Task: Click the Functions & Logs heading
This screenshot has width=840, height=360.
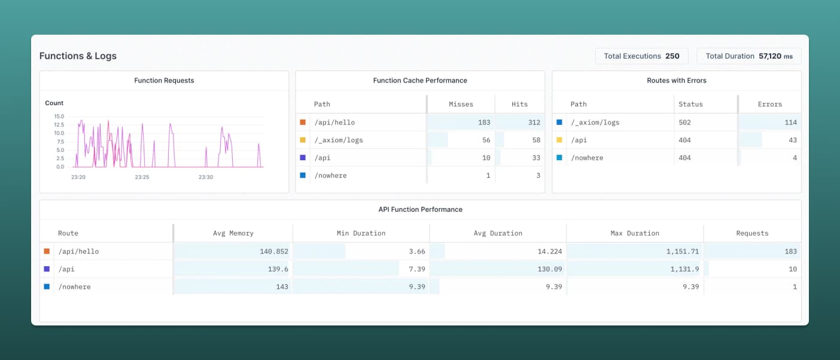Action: tap(78, 56)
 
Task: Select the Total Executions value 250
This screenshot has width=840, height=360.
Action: tap(672, 56)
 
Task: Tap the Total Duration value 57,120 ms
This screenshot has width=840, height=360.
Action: tap(775, 56)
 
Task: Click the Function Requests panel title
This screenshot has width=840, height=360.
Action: tap(164, 80)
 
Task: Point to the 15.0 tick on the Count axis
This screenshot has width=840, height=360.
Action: tap(59, 116)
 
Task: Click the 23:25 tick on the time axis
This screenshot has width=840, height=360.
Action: tap(142, 177)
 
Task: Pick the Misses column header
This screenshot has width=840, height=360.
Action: tap(461, 104)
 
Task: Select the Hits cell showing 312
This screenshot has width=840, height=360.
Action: tap(534, 122)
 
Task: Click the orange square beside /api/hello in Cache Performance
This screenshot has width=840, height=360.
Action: tap(303, 122)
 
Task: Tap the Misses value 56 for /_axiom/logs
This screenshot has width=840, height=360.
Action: tap(486, 140)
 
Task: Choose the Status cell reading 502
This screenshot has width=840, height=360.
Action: tap(684, 122)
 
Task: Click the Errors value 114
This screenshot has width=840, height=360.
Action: tap(790, 122)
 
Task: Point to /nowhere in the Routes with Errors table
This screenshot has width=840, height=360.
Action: tap(587, 158)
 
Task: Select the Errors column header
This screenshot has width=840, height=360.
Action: tap(769, 104)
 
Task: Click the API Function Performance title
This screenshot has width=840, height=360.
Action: tap(420, 209)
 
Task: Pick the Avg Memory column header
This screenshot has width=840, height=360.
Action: tap(233, 233)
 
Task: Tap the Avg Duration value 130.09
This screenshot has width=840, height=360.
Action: tap(549, 269)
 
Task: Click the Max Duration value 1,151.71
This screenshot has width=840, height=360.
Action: tap(683, 251)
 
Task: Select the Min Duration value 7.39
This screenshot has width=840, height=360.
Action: tap(417, 269)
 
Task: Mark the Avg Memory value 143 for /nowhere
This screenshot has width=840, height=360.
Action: tap(282, 287)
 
